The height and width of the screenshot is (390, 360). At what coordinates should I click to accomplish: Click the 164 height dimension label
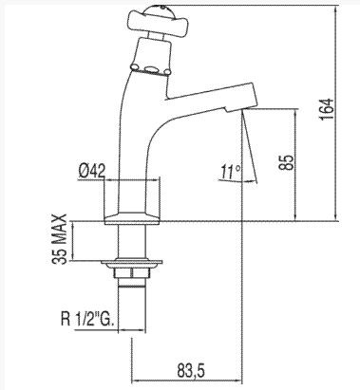click(327, 109)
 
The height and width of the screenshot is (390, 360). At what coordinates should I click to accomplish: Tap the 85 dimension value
click(287, 162)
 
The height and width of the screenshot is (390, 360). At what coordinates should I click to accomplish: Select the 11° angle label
click(231, 172)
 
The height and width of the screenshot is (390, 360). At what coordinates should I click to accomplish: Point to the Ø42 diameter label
click(91, 172)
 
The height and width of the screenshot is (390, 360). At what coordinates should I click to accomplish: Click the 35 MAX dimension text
click(60, 239)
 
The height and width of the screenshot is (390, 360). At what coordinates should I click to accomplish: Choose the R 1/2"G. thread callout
click(86, 320)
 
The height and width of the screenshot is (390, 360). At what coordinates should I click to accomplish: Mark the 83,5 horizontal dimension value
click(191, 370)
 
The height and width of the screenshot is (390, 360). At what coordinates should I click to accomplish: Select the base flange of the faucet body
click(132, 218)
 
